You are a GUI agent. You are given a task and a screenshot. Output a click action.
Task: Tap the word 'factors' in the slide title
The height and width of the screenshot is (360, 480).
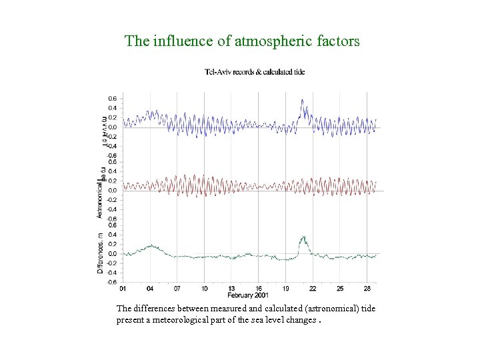pyautogui.click(x=337, y=41)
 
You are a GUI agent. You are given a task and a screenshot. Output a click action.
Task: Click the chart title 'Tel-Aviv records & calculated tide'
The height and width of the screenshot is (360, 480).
pyautogui.click(x=254, y=72)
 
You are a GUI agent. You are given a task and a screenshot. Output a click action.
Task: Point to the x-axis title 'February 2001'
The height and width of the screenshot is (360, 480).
pyautogui.click(x=248, y=295)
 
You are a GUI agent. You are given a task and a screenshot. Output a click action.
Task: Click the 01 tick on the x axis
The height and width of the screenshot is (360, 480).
pyautogui.click(x=122, y=288)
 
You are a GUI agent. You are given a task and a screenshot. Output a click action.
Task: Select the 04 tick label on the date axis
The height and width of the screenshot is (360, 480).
pyautogui.click(x=150, y=288)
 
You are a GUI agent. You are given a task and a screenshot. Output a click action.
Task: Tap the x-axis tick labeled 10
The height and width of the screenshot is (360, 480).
pyautogui.click(x=205, y=288)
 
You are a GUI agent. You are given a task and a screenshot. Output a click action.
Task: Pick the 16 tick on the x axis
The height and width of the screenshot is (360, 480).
pyautogui.click(x=258, y=288)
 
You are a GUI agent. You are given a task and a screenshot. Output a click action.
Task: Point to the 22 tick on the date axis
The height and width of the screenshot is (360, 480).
pyautogui.click(x=313, y=288)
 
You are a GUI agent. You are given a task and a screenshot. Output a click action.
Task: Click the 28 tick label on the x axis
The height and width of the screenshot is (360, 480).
pyautogui.click(x=367, y=288)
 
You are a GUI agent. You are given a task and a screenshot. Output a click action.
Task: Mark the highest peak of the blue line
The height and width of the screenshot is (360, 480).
pyautogui.click(x=302, y=100)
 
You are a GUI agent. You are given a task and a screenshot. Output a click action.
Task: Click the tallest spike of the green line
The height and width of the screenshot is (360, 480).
pyautogui.click(x=303, y=237)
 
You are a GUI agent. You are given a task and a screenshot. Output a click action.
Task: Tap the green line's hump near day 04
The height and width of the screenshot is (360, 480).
pyautogui.click(x=151, y=245)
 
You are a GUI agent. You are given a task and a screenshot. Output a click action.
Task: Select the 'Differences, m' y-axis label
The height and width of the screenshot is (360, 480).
pyautogui.click(x=100, y=254)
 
